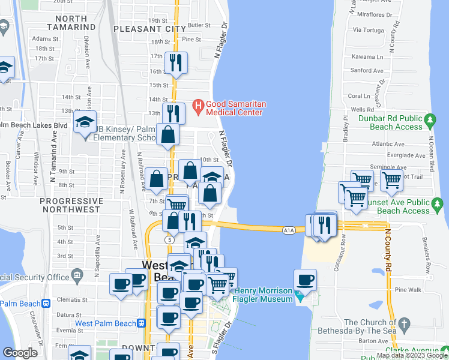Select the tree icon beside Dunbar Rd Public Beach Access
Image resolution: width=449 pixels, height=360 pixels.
tap(430, 122)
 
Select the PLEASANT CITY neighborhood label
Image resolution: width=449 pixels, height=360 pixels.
tap(149, 28)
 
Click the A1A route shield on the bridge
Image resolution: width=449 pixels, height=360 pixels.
tap(288, 229)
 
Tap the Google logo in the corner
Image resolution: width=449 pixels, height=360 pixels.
tap(20, 353)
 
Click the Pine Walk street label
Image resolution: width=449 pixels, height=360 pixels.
tap(409, 290)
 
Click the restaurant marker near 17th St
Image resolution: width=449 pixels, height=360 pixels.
tap(176, 62)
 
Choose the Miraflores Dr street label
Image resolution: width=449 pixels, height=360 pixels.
tap(375, 14)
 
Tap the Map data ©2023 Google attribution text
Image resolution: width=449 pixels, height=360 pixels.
tap(412, 355)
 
